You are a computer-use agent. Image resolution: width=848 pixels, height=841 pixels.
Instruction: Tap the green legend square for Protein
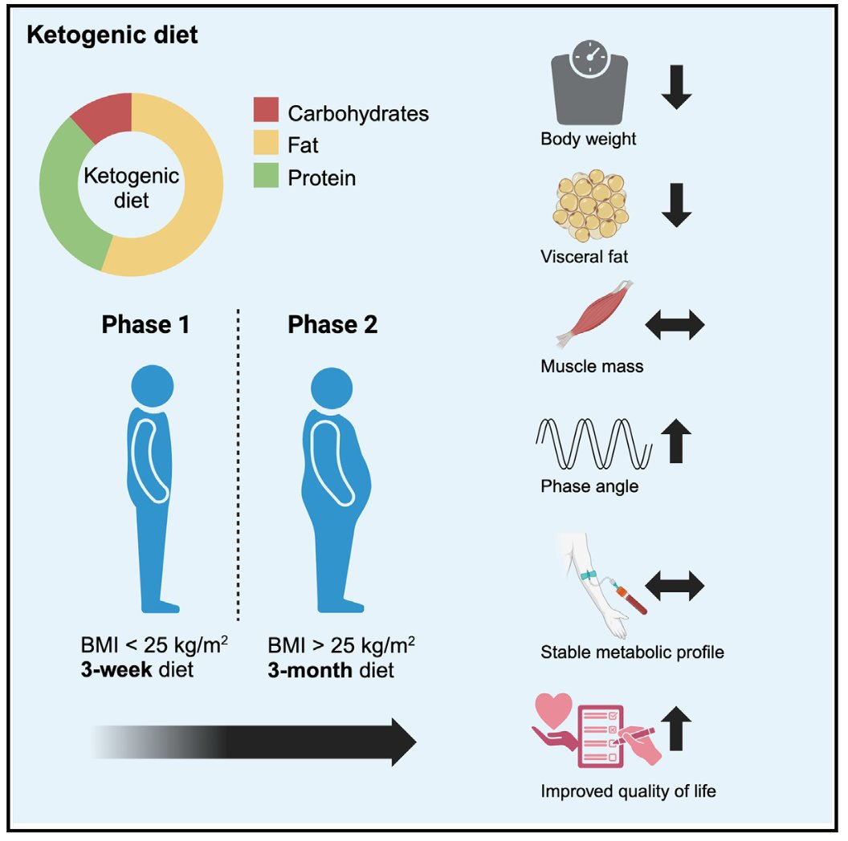point(266,176)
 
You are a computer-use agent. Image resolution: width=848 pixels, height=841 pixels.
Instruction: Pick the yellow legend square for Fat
point(266,144)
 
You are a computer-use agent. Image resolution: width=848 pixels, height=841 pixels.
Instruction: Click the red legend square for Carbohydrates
point(266,112)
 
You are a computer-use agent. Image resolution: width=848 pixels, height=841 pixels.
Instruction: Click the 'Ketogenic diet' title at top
point(112,36)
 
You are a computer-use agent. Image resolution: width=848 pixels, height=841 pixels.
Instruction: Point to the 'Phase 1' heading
point(146,325)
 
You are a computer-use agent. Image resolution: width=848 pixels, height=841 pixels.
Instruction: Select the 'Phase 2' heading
point(332,325)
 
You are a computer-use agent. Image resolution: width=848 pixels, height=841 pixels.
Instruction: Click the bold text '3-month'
point(309,668)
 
